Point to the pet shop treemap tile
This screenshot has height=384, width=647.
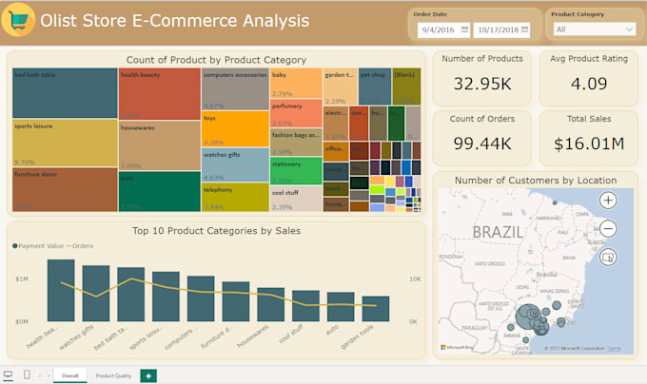[x=375, y=86]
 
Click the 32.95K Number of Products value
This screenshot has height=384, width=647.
[x=483, y=84]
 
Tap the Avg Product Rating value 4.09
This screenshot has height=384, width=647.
[x=589, y=84]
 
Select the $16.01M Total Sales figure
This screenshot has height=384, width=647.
[x=589, y=144]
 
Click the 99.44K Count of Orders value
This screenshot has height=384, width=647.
[x=483, y=144]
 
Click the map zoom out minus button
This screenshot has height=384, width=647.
[x=608, y=228]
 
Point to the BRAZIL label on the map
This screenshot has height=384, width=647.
[x=498, y=232]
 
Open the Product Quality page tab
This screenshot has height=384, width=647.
[x=113, y=376]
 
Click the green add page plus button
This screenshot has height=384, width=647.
[x=148, y=376]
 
